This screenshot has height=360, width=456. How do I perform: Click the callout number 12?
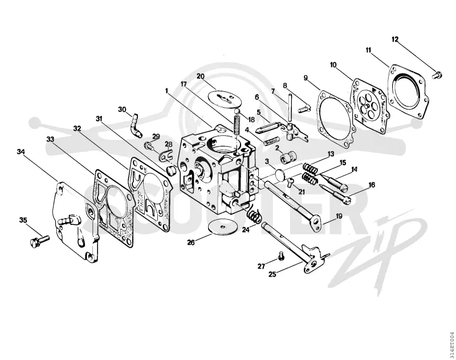pos(395,39)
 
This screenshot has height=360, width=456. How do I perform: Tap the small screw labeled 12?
pos(437,75)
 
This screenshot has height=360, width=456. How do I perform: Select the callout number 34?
pos(21,152)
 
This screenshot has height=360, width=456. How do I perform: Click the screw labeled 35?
pos(39,241)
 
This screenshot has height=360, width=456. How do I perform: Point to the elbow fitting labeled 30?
pos(136,126)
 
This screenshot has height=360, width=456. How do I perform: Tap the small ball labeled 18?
pos(238,111)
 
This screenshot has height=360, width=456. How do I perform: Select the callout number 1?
pos(166,91)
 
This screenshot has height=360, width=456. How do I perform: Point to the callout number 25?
pos(272,274)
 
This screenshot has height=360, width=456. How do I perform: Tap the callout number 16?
pos(372,184)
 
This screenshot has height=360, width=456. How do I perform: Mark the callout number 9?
pos(306,78)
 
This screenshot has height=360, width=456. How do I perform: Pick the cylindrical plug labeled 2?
pos(286,159)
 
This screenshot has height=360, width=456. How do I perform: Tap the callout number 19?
pos(339,216)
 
